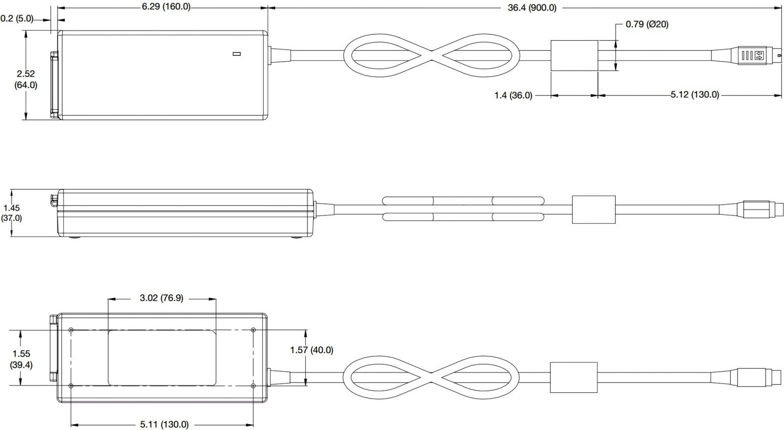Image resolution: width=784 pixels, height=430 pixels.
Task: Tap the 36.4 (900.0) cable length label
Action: pyautogui.click(x=532, y=7)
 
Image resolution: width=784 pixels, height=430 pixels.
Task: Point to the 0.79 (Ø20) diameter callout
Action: pyautogui.click(x=647, y=24)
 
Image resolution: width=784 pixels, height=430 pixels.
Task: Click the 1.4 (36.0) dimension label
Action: pyautogui.click(x=513, y=95)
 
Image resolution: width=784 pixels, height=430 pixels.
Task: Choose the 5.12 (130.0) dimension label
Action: pyautogui.click(x=694, y=95)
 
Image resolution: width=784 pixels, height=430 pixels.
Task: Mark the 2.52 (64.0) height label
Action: pyautogui.click(x=26, y=79)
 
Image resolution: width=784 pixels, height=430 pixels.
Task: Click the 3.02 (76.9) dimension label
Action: pyautogui.click(x=161, y=298)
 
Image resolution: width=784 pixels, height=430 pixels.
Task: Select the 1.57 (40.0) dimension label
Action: pyautogui.click(x=312, y=350)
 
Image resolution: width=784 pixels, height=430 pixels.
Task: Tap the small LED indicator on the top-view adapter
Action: pyautogui.click(x=237, y=53)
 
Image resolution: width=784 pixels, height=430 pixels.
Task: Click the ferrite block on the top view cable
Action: pyautogui.click(x=574, y=56)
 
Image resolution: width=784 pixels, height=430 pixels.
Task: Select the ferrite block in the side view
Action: pyautogui.click(x=593, y=209)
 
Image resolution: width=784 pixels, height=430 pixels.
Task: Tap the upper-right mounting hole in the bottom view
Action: pyautogui.click(x=253, y=329)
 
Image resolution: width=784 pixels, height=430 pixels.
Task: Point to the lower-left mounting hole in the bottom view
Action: pyautogui.click(x=72, y=386)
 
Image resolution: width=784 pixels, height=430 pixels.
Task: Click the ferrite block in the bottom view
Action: pyautogui.click(x=574, y=377)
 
